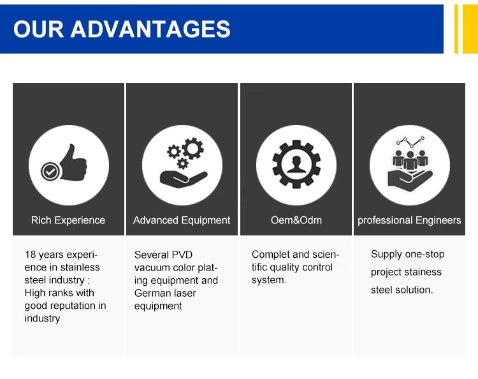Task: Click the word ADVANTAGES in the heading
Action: tap(150, 29)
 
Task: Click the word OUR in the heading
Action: tap(39, 29)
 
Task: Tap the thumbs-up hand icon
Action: tap(73, 162)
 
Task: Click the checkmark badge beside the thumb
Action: tap(50, 172)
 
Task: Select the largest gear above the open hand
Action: tap(193, 148)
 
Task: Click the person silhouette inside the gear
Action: tap(296, 165)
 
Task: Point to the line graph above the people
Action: tap(410, 141)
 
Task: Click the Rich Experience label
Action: tap(68, 220)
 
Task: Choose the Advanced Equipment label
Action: tap(182, 220)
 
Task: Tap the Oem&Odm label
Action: tap(296, 220)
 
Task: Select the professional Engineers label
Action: tap(409, 220)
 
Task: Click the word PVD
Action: tap(182, 255)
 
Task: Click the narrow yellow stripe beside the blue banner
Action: tap(456, 29)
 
